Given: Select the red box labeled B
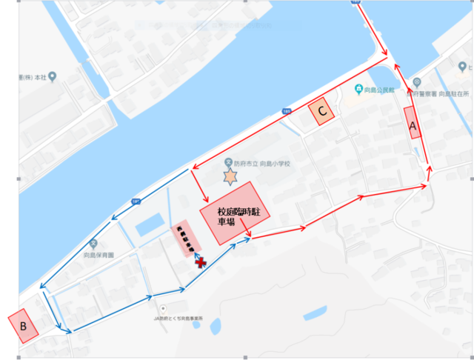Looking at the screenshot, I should [x=24, y=324].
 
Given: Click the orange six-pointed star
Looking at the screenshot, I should [x=230, y=177].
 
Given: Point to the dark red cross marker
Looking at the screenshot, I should [x=199, y=261].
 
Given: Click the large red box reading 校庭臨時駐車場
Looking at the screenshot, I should [x=236, y=213].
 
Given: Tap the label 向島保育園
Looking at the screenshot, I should [x=99, y=254].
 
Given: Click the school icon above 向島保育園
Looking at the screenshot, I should [x=93, y=243].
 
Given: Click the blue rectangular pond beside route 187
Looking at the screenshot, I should [x=150, y=223].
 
